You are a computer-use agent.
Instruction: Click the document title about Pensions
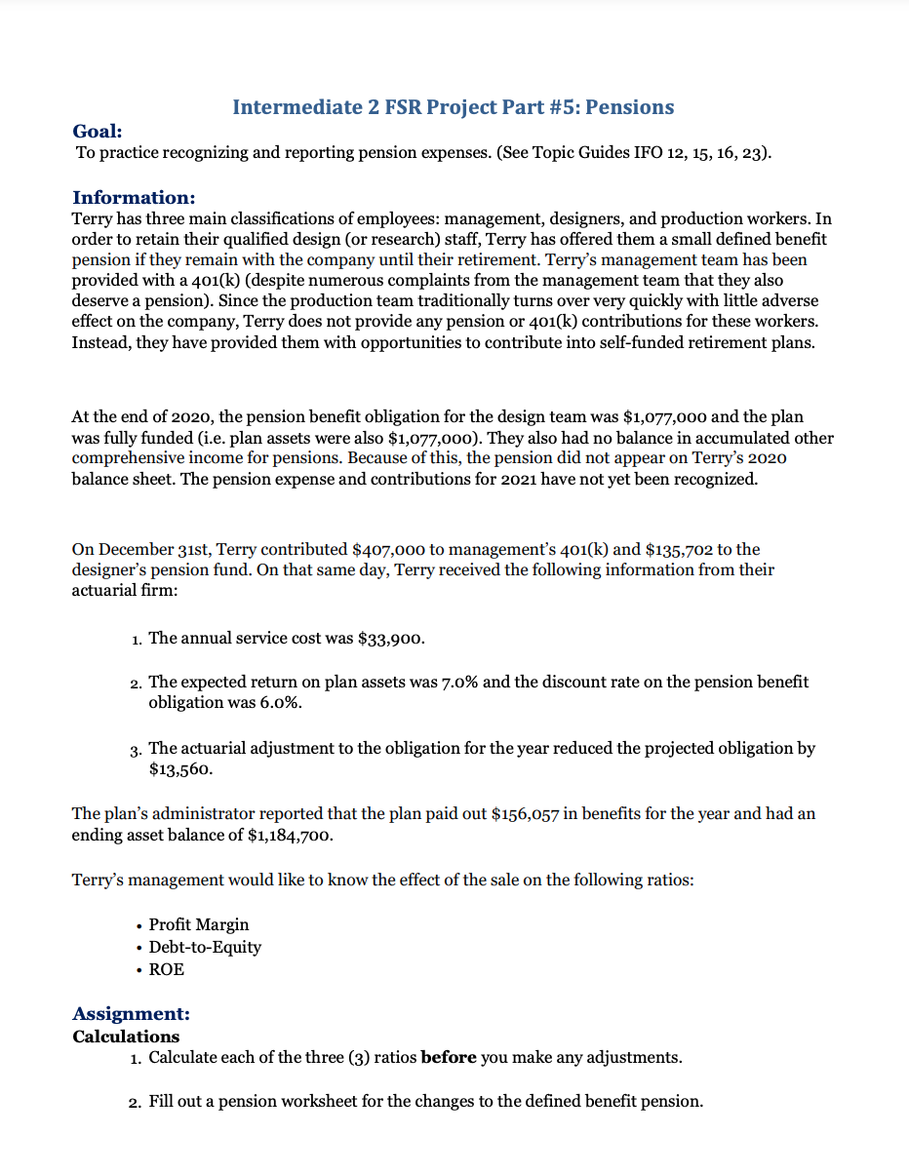pos(453,107)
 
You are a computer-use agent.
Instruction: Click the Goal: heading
pos(98,132)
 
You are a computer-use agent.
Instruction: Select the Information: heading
pos(134,198)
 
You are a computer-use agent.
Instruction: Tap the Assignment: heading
pos(131,1014)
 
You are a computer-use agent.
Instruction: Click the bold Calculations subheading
pos(126,1037)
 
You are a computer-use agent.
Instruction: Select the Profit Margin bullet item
pos(198,924)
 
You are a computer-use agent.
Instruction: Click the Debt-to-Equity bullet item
pos(205,947)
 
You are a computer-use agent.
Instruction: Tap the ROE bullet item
pos(166,969)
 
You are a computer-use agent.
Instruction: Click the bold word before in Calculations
pos(448,1058)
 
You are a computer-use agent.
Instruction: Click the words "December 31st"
pos(147,550)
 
